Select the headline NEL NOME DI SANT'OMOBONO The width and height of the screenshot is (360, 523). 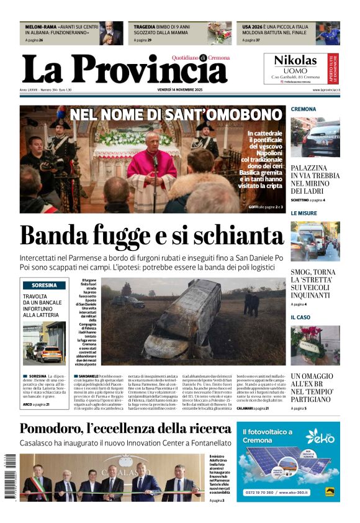coord(176,115)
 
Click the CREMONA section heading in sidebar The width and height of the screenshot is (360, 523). coord(304,109)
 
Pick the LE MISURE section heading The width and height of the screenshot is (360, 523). coord(304,213)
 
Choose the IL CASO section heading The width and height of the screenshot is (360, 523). coord(301,317)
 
